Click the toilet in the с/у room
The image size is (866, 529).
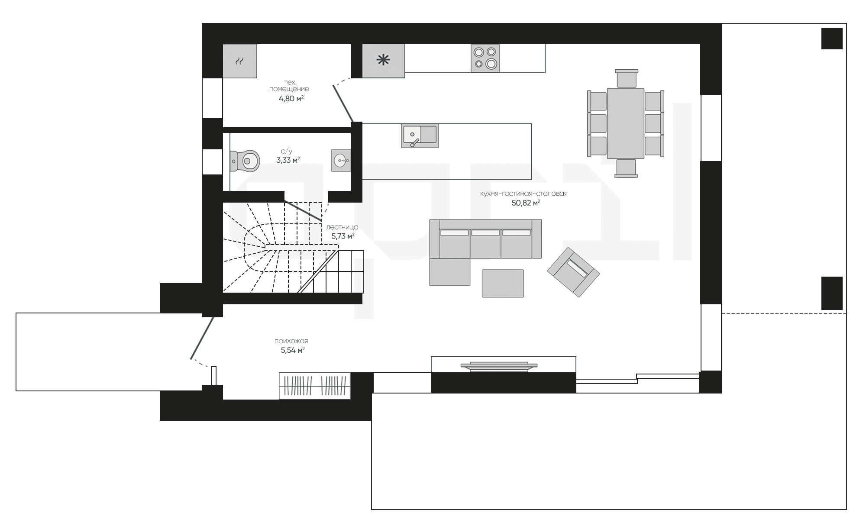click(245, 161)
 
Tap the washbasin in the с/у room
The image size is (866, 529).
click(341, 161)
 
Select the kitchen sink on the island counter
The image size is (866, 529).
click(420, 136)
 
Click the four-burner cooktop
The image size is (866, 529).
click(485, 58)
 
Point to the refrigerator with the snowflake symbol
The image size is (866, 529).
click(383, 61)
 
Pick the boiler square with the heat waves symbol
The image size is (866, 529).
click(239, 61)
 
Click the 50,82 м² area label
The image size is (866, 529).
click(526, 203)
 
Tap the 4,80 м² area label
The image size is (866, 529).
click(291, 98)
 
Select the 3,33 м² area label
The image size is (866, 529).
click(288, 160)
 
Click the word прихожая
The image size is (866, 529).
click(291, 341)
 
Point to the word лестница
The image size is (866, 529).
click(342, 227)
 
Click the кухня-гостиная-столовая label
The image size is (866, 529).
click(524, 194)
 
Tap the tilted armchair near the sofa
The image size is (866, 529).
click(573, 272)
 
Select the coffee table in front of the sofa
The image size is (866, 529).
click(503, 283)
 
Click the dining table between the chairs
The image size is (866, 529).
click(626, 123)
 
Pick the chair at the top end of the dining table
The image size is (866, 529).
click(626, 78)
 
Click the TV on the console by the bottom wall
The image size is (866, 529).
click(500, 366)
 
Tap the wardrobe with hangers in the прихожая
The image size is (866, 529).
click(315, 385)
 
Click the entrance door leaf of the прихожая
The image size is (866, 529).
click(202, 338)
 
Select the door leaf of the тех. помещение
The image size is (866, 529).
click(343, 103)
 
